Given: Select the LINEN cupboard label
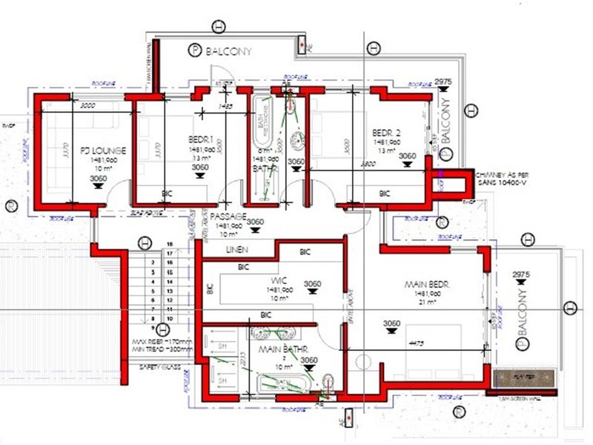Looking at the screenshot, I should pos(237,250).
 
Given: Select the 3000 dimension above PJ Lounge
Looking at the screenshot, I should pos(88,105).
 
